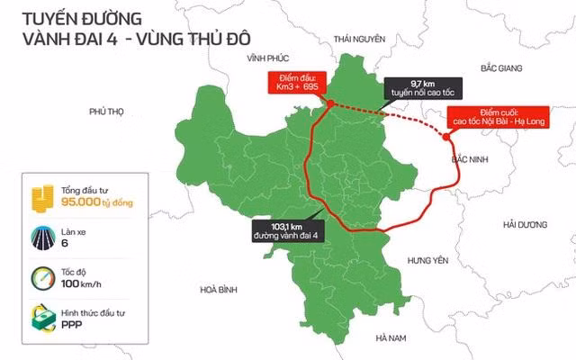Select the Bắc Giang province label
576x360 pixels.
coord(502,68)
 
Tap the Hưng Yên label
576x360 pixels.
coord(427,260)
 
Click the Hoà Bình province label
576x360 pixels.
coord(218,289)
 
